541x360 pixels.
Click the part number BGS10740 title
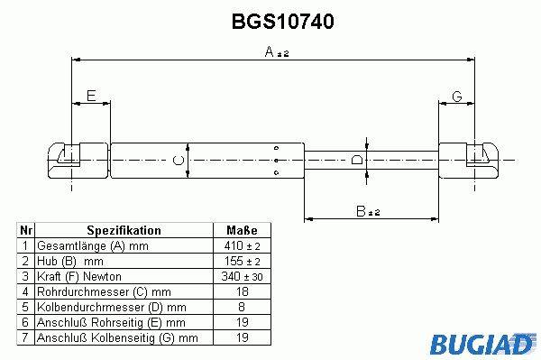282,22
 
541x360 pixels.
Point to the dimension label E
91,96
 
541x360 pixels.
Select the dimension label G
457,97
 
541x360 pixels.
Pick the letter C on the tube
178,161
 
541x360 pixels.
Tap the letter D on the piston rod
357,161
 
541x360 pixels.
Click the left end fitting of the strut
78,161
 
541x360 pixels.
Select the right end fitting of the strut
469,161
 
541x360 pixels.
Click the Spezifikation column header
124,230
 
